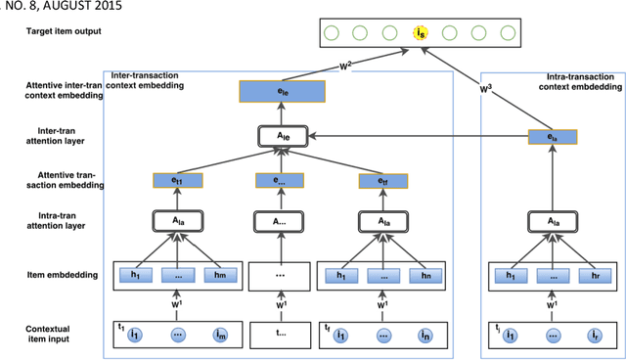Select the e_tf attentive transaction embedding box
[x=370, y=180]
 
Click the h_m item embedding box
[x=220, y=276]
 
